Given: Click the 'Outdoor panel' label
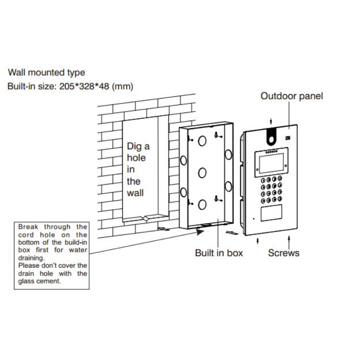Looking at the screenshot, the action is (x=292, y=96).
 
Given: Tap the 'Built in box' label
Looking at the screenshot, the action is (x=219, y=253).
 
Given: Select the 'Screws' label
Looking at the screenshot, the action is (x=283, y=253).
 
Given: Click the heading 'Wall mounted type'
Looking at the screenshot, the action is (x=47, y=72).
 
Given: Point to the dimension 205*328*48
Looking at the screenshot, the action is (x=84, y=86).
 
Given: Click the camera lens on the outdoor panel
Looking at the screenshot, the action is (x=271, y=139).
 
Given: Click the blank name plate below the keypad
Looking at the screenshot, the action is (x=271, y=213).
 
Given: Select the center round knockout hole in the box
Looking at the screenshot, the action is (x=202, y=173).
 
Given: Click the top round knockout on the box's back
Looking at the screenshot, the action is (x=202, y=141).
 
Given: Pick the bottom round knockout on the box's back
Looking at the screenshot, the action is (x=202, y=205).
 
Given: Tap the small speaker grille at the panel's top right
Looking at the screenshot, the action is (x=288, y=138).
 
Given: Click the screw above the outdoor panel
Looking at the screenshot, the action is (x=271, y=121).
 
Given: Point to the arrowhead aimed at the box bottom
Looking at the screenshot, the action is (x=200, y=232).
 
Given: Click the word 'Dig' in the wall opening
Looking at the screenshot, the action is (x=134, y=147).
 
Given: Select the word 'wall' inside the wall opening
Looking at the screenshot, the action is (x=135, y=193).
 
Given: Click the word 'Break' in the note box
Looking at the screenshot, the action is (x=28, y=227).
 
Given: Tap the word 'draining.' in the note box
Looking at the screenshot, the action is (x=31, y=258).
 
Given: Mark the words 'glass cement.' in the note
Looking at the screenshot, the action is (x=40, y=281).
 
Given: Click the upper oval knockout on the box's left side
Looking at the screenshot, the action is (x=184, y=160).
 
